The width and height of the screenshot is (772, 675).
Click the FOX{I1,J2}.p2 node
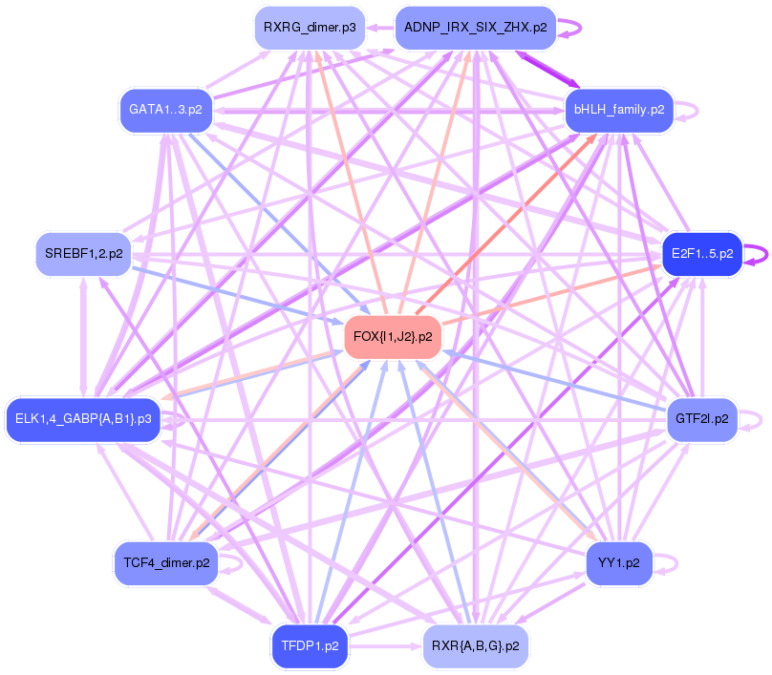click(x=392, y=337)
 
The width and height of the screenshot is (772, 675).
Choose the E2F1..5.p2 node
click(x=702, y=254)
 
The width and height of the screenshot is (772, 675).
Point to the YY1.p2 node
click(x=619, y=562)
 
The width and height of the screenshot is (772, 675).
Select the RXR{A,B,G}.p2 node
click(x=475, y=646)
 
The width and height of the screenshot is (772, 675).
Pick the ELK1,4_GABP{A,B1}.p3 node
click(x=83, y=419)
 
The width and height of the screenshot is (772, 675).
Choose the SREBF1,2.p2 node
click(x=83, y=254)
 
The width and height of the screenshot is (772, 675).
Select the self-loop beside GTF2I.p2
click(x=754, y=419)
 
